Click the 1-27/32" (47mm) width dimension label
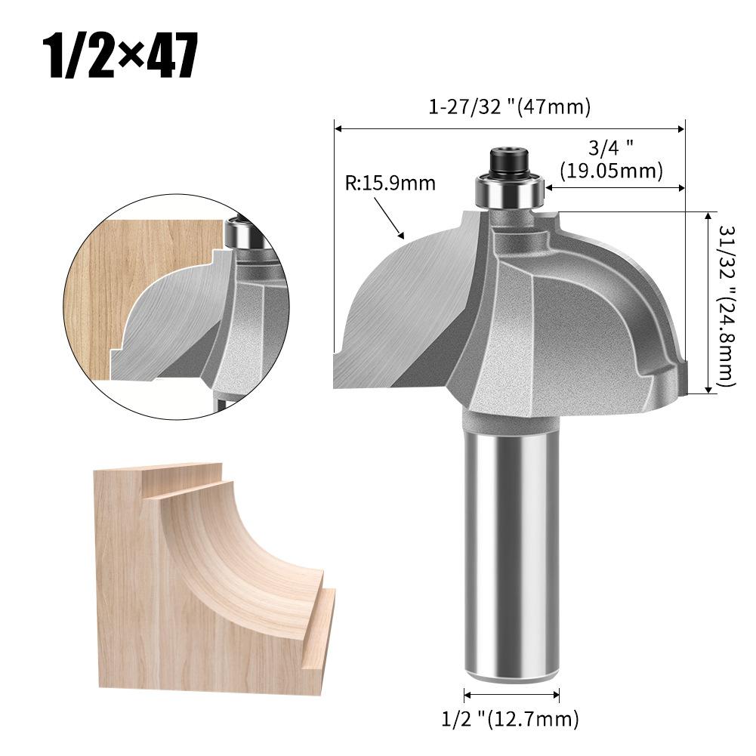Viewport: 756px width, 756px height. click(510, 107)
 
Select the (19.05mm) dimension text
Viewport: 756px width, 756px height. click(611, 171)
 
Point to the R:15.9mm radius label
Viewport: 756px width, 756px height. click(390, 183)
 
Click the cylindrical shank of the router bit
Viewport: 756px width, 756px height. click(511, 544)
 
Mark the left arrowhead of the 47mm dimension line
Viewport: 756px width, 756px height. click(338, 128)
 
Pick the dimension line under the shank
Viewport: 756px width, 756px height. click(511, 694)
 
